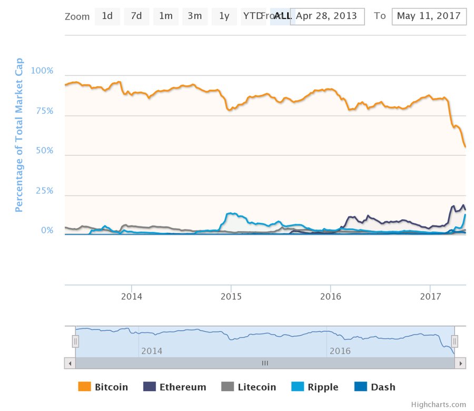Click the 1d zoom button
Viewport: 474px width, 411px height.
[107, 16]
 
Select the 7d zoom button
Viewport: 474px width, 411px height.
[136, 16]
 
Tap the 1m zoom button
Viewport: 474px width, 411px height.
[166, 16]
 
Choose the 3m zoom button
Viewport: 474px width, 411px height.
[195, 16]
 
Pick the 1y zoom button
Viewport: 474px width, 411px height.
[224, 16]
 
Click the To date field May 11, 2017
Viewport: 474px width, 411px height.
[429, 16]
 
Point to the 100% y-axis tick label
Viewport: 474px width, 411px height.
[43, 71]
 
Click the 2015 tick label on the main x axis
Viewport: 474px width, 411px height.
[231, 297]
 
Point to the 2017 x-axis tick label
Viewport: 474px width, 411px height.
[430, 297]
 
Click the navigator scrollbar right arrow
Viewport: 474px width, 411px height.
[460, 363]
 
